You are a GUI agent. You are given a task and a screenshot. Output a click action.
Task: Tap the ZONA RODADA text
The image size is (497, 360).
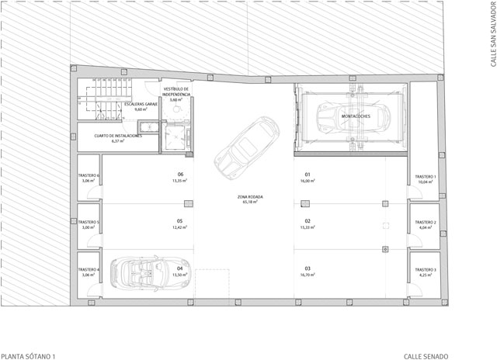coord(250,197)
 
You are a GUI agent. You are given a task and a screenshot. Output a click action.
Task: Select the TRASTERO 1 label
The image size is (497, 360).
coord(425,177)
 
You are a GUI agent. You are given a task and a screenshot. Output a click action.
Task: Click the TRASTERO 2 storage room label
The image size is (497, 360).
coord(425,223)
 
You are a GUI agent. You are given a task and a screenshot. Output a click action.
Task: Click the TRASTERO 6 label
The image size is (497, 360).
coord(89,177)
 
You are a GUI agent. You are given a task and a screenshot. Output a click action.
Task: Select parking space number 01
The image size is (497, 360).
coord(308,175)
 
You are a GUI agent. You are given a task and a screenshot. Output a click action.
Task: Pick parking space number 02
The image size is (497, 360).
coord(308,220)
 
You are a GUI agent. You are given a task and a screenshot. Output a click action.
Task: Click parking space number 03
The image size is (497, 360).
coord(308,268)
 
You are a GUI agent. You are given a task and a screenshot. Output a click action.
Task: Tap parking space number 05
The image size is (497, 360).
coord(179,220)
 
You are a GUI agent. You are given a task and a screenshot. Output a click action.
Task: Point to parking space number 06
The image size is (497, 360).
coord(179,175)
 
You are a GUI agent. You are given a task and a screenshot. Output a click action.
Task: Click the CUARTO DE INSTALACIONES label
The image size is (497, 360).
coord(118,136)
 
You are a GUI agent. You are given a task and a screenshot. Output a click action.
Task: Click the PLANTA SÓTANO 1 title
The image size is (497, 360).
coord(29,355)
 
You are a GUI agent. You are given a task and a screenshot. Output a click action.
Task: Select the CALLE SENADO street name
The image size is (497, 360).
coord(426,355)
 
